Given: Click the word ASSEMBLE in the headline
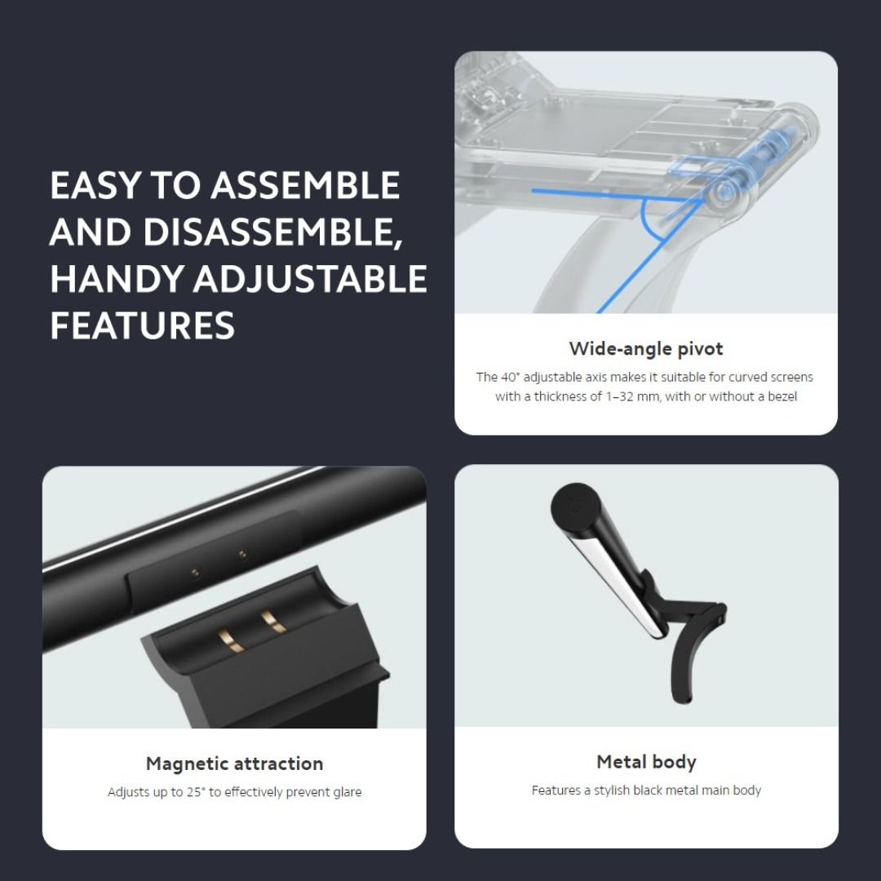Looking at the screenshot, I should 306,186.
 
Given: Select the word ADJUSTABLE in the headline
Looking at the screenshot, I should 310,279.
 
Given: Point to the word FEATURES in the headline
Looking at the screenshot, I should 143,325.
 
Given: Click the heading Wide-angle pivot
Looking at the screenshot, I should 646,349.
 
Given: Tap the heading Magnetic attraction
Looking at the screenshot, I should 234,764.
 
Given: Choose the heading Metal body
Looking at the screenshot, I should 646,762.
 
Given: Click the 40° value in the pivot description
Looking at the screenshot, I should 510,377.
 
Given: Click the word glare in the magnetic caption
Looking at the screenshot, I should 343,792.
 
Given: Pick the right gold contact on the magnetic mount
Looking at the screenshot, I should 274,622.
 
